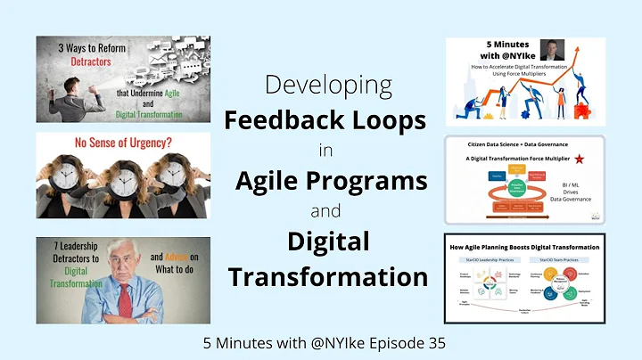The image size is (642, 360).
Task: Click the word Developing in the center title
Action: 328,87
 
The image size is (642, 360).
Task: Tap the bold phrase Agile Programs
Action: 331,181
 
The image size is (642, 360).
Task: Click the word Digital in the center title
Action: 328,242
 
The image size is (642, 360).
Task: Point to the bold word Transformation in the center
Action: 328,275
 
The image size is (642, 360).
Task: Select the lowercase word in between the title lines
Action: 325,150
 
